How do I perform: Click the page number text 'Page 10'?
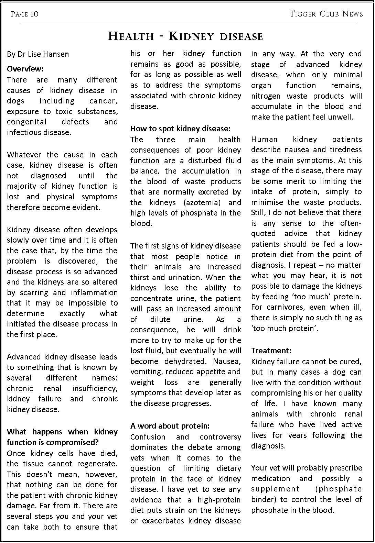(24, 14)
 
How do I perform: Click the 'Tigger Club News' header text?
(326, 14)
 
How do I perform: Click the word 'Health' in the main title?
(131, 36)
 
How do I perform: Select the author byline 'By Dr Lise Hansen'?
(38, 54)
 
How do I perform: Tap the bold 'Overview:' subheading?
(25, 69)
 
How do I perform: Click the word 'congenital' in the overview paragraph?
(26, 122)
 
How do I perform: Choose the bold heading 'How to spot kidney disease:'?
(180, 129)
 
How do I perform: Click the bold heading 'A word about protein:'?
(170, 426)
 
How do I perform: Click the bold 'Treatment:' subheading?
(271, 351)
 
